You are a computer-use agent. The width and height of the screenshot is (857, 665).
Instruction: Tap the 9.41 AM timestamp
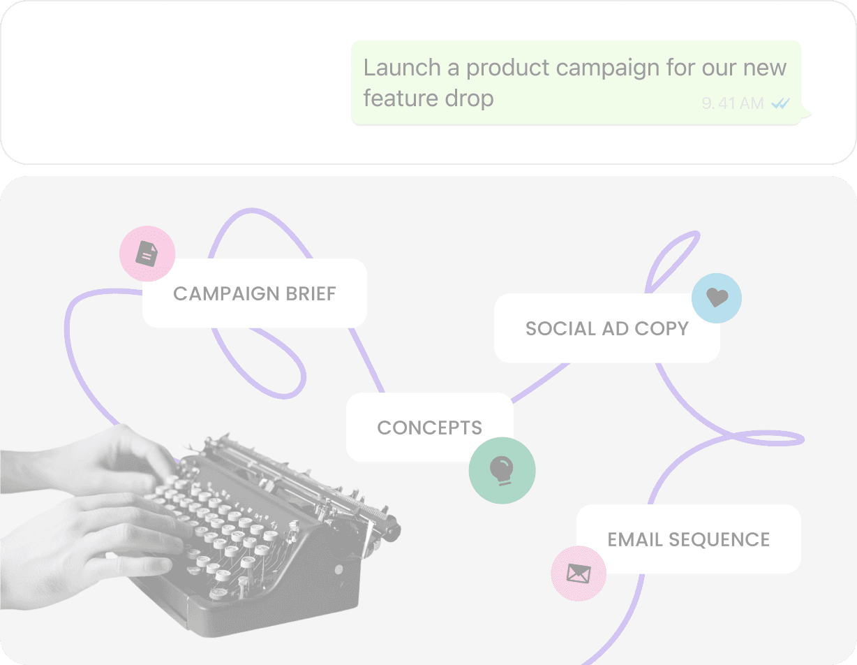click(x=732, y=103)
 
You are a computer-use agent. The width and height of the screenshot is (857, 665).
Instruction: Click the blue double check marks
click(x=780, y=103)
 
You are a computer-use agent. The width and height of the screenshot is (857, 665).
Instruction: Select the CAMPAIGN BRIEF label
click(x=254, y=293)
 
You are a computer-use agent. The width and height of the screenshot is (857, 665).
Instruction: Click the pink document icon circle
click(x=147, y=254)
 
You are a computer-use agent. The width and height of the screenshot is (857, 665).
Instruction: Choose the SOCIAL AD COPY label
click(x=606, y=328)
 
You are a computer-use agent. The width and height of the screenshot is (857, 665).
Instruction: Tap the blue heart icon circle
click(x=717, y=298)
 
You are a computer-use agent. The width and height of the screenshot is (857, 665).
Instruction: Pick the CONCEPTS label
click(x=429, y=427)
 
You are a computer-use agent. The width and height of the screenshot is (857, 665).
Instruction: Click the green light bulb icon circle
click(x=502, y=470)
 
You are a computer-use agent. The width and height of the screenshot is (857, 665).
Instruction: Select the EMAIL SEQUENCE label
click(x=688, y=539)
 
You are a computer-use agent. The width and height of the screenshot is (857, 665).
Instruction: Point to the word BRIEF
click(x=311, y=293)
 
